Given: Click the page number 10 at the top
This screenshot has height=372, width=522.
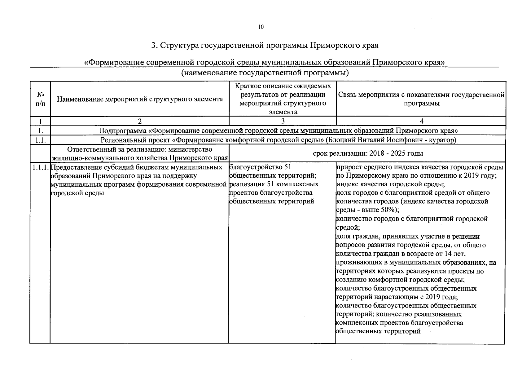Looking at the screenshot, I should [x=261, y=27].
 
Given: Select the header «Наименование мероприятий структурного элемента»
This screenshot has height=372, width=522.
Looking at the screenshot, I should [x=140, y=99].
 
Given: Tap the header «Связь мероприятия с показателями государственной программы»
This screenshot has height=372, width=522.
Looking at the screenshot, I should [x=421, y=99].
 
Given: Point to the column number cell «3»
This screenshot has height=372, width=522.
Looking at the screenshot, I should [x=283, y=121].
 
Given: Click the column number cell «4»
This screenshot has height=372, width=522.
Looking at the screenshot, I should [x=421, y=121].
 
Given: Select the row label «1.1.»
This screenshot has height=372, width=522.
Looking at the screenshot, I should [x=40, y=140].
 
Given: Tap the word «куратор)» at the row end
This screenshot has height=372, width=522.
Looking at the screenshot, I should [x=444, y=140].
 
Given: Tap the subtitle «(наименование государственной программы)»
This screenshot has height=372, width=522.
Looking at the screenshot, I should [x=265, y=73].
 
